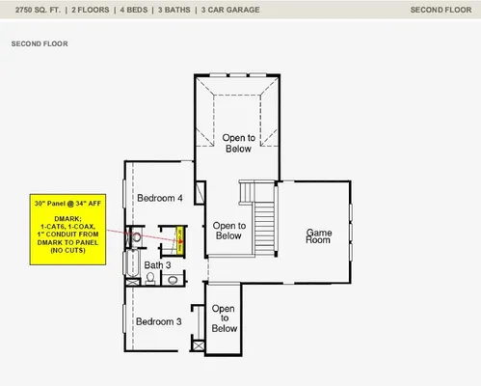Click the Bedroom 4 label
(x=159, y=198)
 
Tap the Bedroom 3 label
(x=158, y=321)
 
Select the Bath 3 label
(x=157, y=264)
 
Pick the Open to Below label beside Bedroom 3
(x=224, y=317)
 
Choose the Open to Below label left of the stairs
(x=228, y=230)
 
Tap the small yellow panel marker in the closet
(x=180, y=237)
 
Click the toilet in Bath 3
(x=151, y=279)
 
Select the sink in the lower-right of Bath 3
(x=173, y=281)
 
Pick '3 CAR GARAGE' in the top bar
(x=228, y=10)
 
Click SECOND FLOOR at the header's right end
(x=440, y=10)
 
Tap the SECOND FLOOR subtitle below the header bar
(x=40, y=43)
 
